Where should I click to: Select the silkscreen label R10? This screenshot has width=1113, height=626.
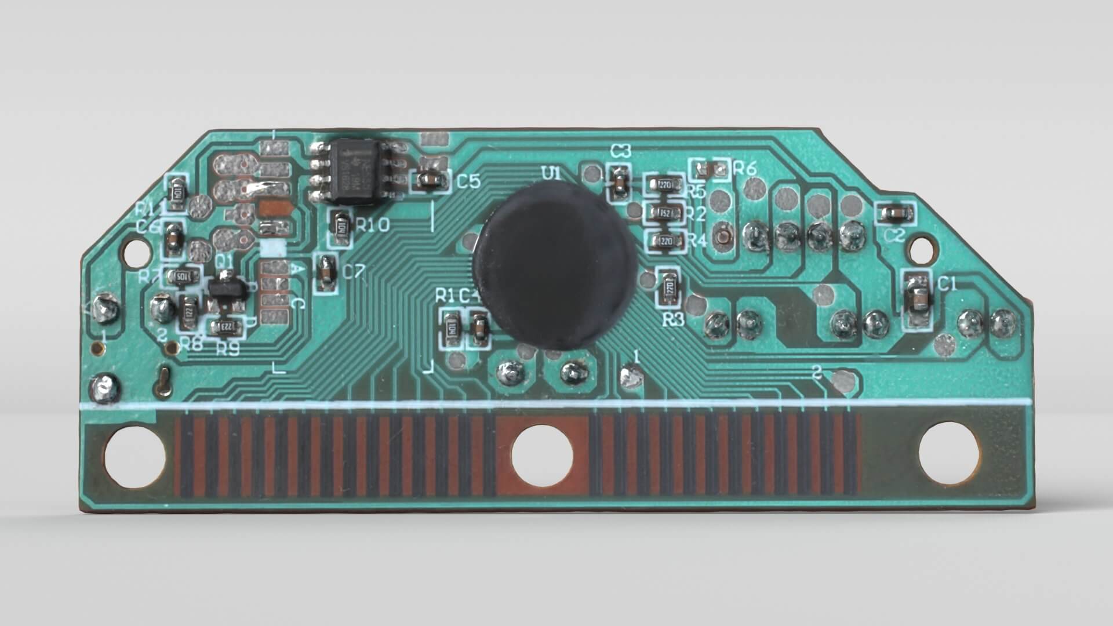click(x=373, y=225)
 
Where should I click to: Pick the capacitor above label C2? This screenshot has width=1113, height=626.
click(x=895, y=214)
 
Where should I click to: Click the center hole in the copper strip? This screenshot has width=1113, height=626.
click(x=542, y=455)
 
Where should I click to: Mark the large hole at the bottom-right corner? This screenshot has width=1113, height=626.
click(x=950, y=453)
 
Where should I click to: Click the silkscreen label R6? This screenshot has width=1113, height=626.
click(x=745, y=169)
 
